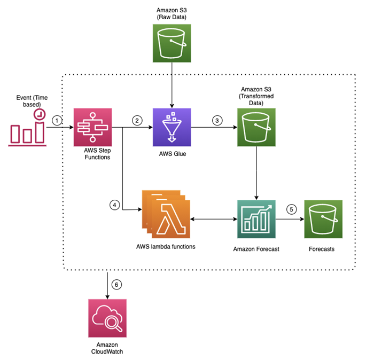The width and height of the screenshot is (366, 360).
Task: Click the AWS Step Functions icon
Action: pyautogui.click(x=92, y=127)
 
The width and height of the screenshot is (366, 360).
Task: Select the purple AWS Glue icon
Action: pyautogui.click(x=172, y=127)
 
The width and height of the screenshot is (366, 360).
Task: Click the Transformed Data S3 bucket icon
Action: pyautogui.click(x=256, y=127)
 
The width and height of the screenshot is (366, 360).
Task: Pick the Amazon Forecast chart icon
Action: pyautogui.click(x=256, y=219)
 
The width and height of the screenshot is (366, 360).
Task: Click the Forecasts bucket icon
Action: pyautogui.click(x=323, y=219)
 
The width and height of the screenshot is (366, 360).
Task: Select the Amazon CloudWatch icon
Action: pyautogui.click(x=107, y=318)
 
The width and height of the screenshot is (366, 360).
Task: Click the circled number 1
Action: pyautogui.click(x=58, y=121)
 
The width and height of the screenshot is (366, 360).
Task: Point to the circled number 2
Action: pyautogui.click(x=138, y=121)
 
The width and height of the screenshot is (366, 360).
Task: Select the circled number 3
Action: pyautogui.click(x=217, y=121)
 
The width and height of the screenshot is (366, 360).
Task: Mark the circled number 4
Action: pyautogui.click(x=113, y=204)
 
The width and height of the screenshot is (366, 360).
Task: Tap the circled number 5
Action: pyautogui.click(x=290, y=209)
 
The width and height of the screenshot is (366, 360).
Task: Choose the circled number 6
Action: pyautogui.click(x=117, y=285)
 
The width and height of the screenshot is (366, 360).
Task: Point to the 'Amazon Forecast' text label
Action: pyautogui.click(x=256, y=249)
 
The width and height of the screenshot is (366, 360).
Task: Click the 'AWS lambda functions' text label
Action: pyautogui.click(x=165, y=247)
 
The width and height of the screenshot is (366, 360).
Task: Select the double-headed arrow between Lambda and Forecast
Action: pyautogui.click(x=213, y=219)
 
